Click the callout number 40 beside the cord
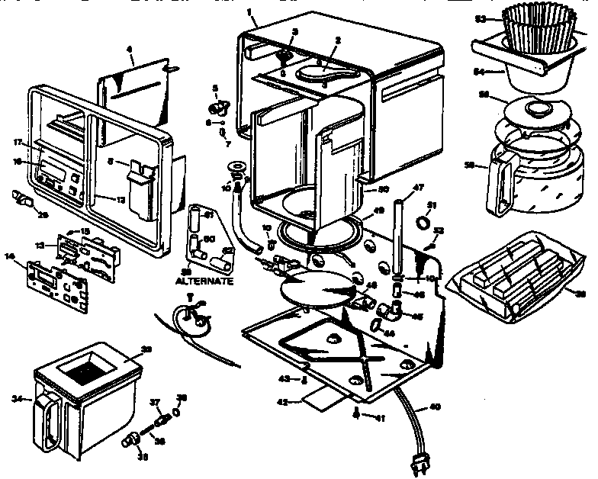pos(435,407)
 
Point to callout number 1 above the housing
pos(249,12)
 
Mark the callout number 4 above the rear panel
pos(130,49)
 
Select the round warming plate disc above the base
pos(316,289)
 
